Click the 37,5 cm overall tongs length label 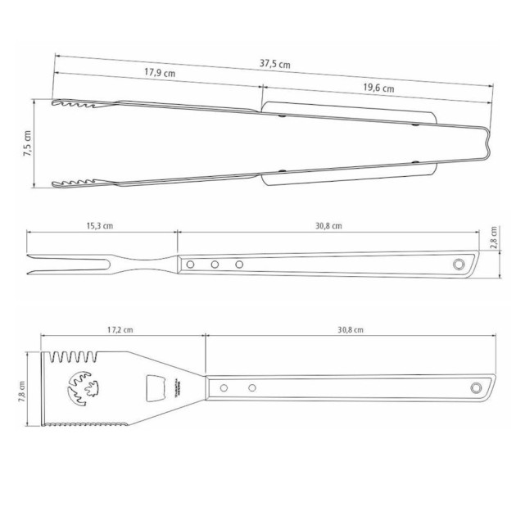[276, 65]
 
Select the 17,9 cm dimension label [161, 73]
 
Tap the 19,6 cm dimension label [377, 88]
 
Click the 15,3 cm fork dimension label [99, 226]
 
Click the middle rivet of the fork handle [215, 265]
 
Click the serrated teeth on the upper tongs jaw [74, 106]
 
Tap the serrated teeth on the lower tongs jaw [74, 181]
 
